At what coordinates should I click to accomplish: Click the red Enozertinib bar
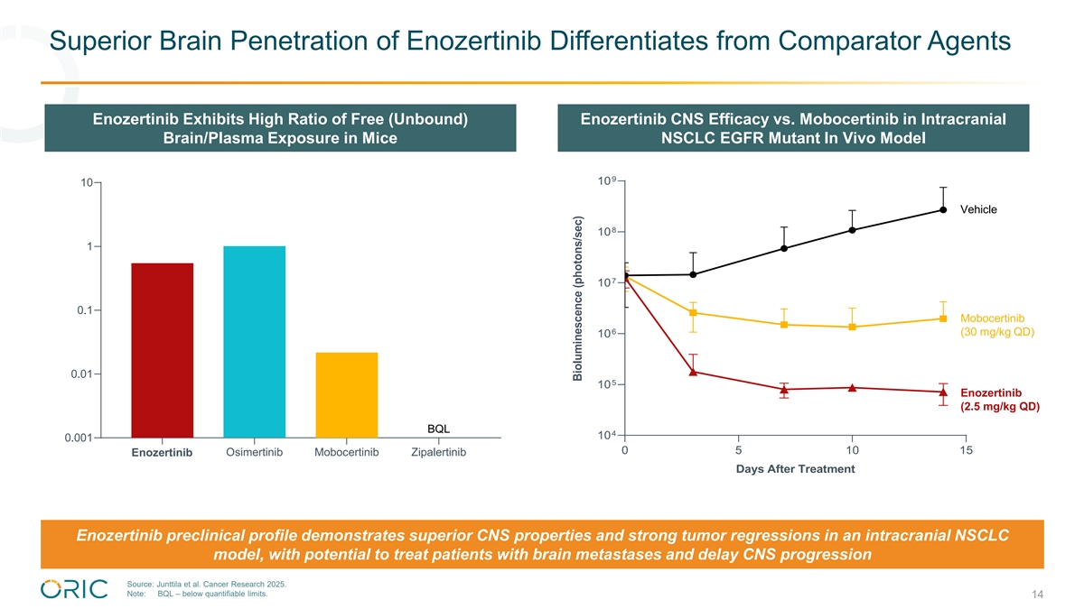point(162,350)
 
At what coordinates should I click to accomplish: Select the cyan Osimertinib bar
point(254,341)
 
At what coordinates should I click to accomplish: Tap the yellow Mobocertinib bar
point(347,394)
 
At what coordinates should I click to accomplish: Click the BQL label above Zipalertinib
point(438,428)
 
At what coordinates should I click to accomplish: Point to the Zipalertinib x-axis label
point(438,452)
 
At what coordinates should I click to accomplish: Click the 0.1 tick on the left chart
point(88,310)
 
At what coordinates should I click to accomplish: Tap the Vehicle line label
point(978,209)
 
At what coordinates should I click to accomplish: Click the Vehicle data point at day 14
point(943,209)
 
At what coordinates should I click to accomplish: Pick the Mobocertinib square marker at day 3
point(693,313)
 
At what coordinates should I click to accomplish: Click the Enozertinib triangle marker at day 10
point(852,388)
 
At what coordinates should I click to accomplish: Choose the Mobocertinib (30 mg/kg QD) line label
point(996,325)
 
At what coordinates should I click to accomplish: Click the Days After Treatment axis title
point(795,469)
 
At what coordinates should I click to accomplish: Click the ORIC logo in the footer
point(74,588)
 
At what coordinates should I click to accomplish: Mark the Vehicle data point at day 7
point(784,248)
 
